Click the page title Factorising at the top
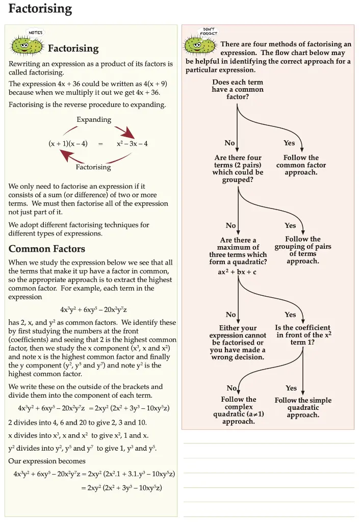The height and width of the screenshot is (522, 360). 40,9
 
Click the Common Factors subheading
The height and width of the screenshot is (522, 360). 47,249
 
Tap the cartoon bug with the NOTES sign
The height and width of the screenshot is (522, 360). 27,44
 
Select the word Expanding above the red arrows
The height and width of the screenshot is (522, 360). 94,120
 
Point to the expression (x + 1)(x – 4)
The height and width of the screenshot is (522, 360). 68,144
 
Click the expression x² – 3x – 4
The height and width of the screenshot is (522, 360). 132,144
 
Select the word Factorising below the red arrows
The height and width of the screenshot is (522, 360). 93,167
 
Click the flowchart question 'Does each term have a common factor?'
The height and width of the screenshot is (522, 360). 238,89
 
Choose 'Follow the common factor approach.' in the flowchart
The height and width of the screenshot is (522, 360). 301,165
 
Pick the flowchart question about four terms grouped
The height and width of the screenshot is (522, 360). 238,169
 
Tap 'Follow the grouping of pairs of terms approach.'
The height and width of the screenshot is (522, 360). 303,250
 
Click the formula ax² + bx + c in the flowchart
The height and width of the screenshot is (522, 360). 237,272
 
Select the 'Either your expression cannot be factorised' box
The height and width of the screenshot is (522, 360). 238,343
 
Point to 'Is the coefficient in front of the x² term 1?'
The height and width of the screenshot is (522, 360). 303,335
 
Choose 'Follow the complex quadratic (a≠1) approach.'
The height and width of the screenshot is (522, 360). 239,410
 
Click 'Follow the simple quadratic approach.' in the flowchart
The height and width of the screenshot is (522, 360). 303,407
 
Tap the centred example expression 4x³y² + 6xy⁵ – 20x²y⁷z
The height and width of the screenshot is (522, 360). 93,310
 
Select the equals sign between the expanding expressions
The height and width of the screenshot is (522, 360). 100,144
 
